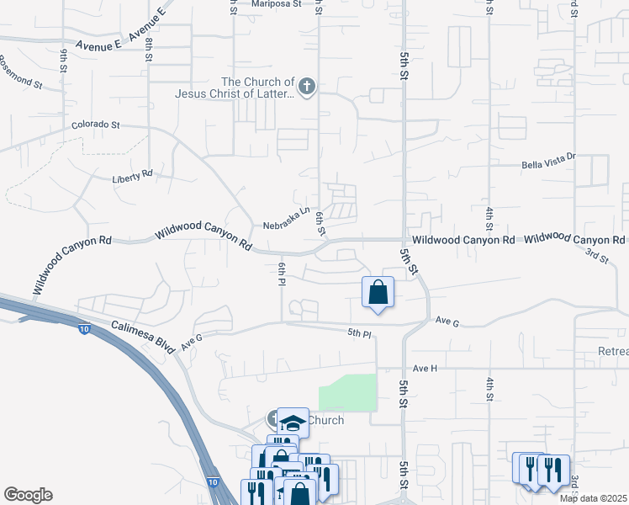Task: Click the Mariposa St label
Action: click(278, 3)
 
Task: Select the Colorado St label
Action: click(96, 125)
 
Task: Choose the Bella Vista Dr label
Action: click(548, 157)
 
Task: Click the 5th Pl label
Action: click(359, 333)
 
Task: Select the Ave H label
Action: click(425, 368)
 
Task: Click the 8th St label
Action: click(148, 50)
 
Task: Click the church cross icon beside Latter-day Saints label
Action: click(308, 85)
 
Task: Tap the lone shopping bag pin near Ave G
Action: click(378, 293)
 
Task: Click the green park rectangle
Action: click(346, 391)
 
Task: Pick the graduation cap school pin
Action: click(293, 422)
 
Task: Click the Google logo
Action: click(28, 495)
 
